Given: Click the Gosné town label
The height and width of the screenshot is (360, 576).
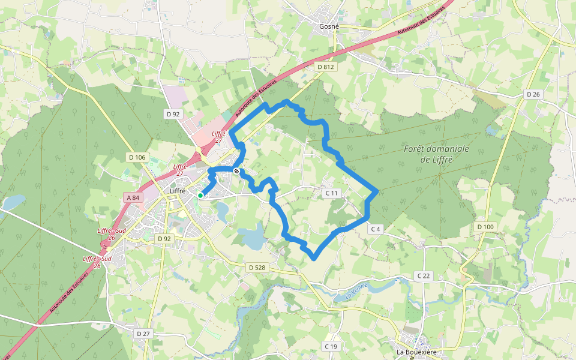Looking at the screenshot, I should pos(329,26).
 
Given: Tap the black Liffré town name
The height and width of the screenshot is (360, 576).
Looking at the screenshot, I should pos(178,191).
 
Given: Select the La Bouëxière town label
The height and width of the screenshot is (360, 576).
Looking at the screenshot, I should pos(415,352).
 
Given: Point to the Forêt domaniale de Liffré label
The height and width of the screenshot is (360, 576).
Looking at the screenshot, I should pos(436,154).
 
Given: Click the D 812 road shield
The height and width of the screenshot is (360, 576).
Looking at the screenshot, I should pos(325,67).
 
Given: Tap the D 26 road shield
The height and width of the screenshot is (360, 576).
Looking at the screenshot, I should pos(533,94).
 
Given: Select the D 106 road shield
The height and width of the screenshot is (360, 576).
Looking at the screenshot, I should pos(137,157).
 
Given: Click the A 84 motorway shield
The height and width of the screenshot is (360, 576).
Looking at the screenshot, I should pos(133,197).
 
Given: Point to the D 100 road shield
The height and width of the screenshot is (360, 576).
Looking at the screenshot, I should pos(485,227).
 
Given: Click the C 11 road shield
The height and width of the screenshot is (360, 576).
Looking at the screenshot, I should pos(332,193).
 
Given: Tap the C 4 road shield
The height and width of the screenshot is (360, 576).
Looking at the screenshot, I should pos(376,229).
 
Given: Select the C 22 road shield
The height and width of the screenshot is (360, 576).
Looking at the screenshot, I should pos(423,275).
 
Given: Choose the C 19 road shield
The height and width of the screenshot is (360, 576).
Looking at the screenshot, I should pos(331,346).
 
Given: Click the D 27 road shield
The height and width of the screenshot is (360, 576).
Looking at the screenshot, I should pos(143,333).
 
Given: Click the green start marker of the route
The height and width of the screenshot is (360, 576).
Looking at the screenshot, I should pos(200,195).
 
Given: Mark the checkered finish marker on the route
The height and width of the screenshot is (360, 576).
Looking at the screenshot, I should pos(237,171).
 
